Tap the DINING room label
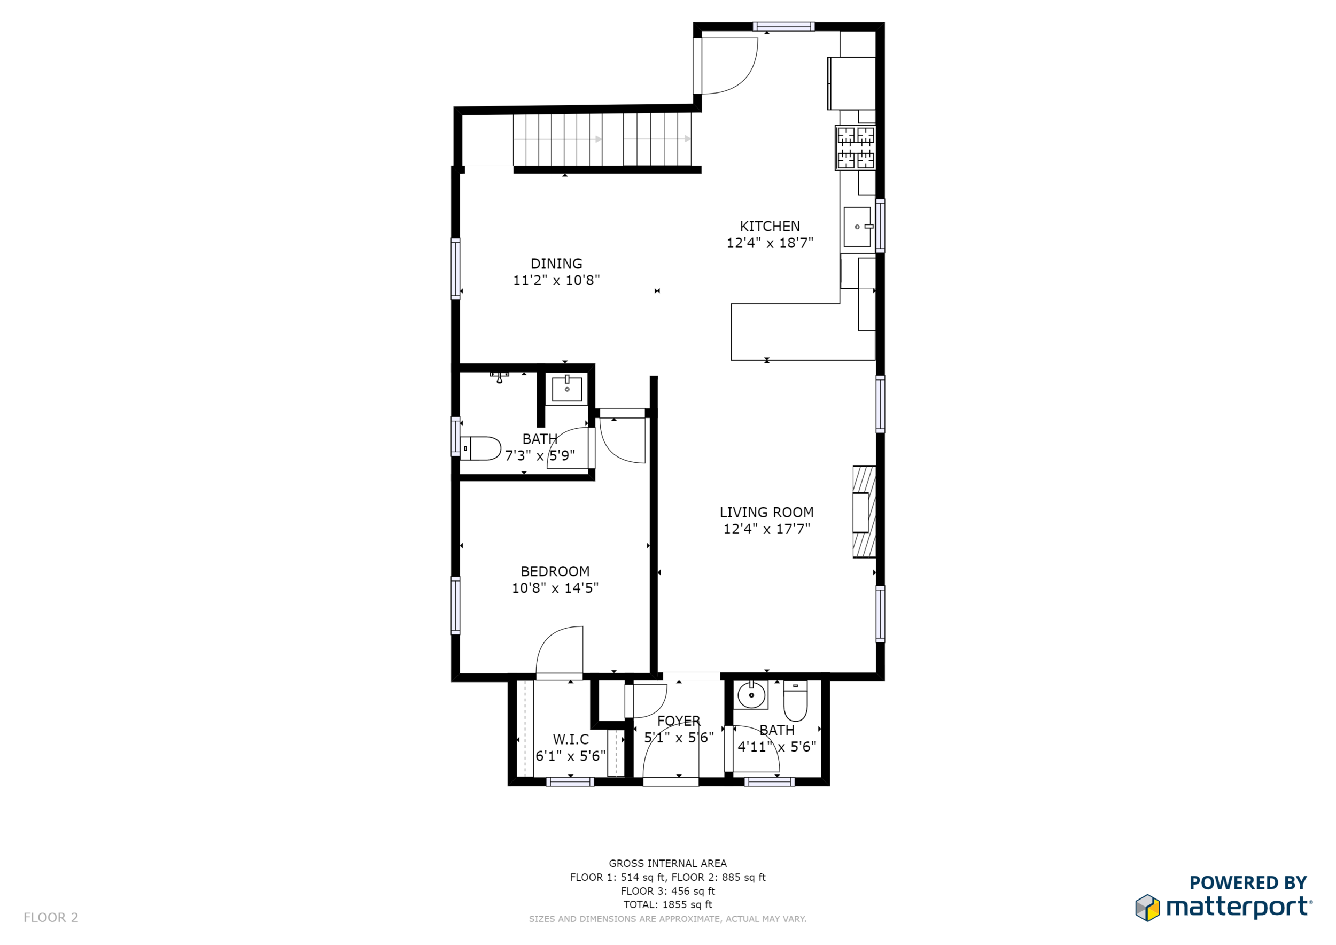click(x=556, y=264)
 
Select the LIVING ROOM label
click(x=766, y=513)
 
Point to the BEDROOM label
click(x=555, y=571)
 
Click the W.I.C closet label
click(x=571, y=740)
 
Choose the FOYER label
click(x=679, y=721)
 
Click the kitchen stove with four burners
click(x=856, y=148)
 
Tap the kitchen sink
click(x=858, y=227)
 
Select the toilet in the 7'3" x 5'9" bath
click(x=480, y=448)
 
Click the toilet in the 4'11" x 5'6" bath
click(x=795, y=701)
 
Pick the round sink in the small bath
click(x=751, y=695)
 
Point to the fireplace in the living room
click(x=864, y=512)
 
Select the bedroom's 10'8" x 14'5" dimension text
click(x=555, y=588)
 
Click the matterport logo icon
click(x=1147, y=908)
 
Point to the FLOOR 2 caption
click(x=51, y=918)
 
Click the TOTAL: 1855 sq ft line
click(x=667, y=905)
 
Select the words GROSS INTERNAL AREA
click(x=667, y=864)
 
